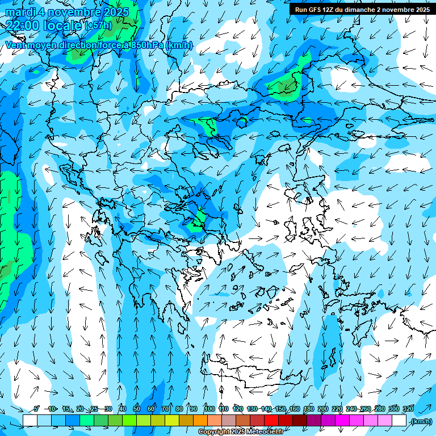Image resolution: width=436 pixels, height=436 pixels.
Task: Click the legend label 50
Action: pyautogui.click(x=137, y=409)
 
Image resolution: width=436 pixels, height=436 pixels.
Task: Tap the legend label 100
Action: pyautogui.click(x=209, y=409)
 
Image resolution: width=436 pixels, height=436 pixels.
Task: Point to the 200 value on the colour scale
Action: pyautogui.click(x=323, y=409)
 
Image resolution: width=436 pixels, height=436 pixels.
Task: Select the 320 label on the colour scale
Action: pyautogui.click(x=408, y=409)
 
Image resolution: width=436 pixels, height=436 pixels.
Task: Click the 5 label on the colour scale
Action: pyautogui.click(x=36, y=409)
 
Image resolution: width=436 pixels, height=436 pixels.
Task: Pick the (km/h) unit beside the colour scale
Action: pyautogui.click(x=421, y=421)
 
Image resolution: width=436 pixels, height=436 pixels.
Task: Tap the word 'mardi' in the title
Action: pyautogui.click(x=20, y=12)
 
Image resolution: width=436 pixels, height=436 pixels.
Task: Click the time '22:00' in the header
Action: pyautogui.click(x=22, y=25)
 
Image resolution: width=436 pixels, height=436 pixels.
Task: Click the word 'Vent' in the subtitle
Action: pyautogui.click(x=15, y=45)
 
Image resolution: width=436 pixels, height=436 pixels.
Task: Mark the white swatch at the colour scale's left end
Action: pyautogui.click(x=30, y=421)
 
